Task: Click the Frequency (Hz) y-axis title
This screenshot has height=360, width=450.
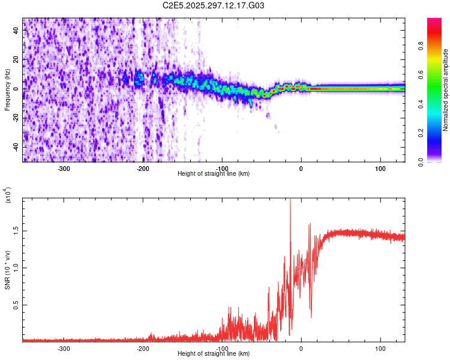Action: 7,89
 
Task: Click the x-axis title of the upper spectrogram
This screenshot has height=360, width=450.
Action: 214,173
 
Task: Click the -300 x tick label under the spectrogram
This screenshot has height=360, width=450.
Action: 64,169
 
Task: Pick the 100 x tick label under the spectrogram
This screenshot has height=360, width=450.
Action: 380,169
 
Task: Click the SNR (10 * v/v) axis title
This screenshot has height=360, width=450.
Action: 7,269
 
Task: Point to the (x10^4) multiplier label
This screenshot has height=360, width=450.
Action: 7,195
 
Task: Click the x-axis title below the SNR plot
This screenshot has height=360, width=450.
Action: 214,353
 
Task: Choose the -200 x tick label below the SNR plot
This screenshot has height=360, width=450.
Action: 143,349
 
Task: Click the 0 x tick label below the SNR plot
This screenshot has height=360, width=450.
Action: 301,349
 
